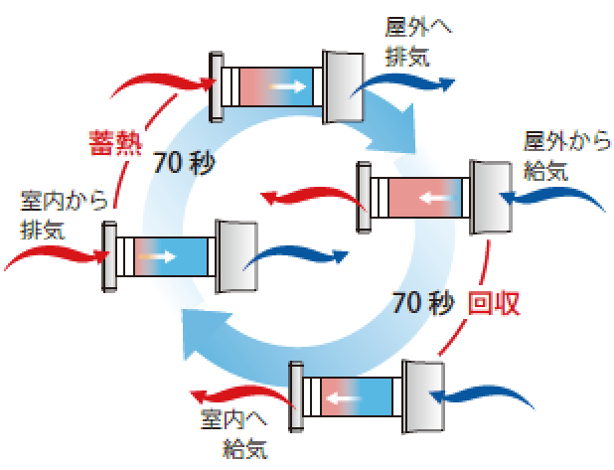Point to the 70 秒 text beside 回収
click(x=424, y=301)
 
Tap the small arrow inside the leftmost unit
click(x=149, y=254)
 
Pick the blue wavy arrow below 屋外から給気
click(x=556, y=197)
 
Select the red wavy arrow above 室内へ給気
click(x=238, y=391)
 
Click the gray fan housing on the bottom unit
click(x=424, y=396)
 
